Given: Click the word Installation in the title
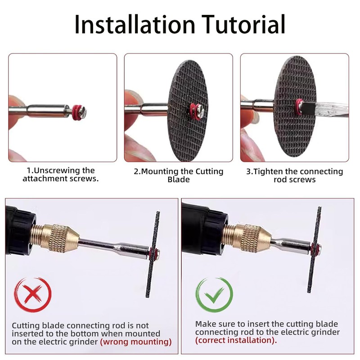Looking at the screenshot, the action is (x=135, y=24).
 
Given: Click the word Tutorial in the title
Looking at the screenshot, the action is (x=243, y=24).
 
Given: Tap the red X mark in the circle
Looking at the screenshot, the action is (x=33, y=294).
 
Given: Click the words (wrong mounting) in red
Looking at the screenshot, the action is (x=136, y=342).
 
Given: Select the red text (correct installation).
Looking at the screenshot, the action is (x=236, y=340).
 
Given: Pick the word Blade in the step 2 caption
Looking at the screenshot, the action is (x=179, y=179).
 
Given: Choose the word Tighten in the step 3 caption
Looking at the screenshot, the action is (x=268, y=171).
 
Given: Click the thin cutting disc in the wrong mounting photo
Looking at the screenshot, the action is (x=153, y=255).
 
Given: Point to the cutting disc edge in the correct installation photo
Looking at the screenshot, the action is (x=315, y=250).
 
